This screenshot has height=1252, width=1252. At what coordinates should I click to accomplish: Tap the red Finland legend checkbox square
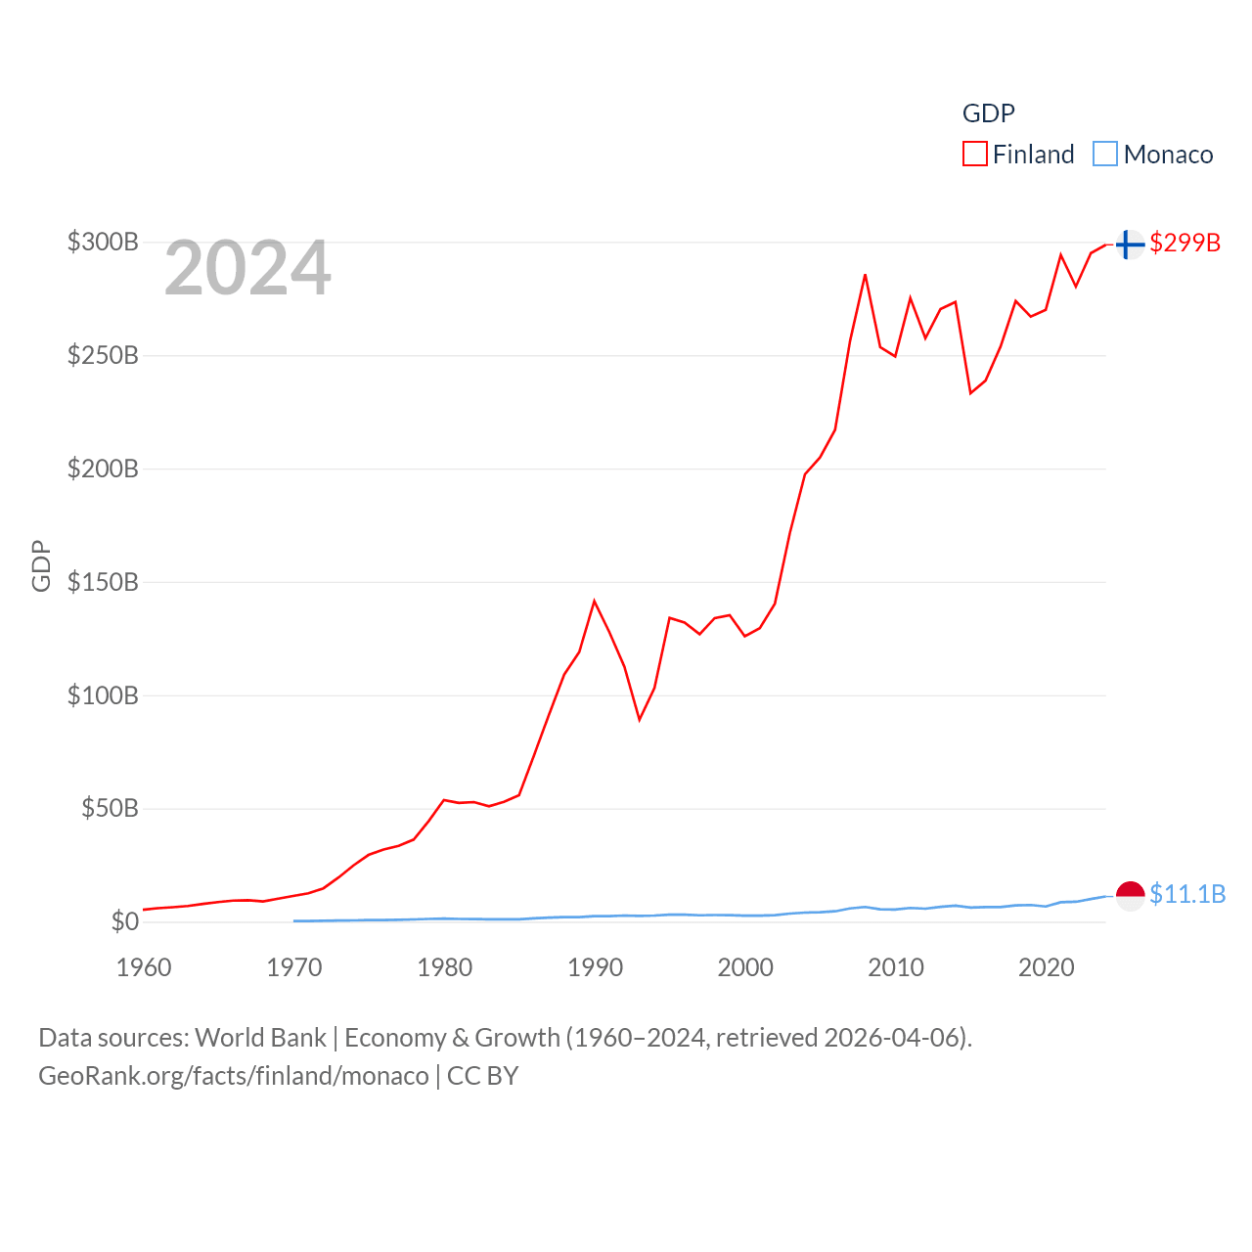(x=975, y=155)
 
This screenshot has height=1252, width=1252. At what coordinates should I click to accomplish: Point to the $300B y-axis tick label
(x=103, y=242)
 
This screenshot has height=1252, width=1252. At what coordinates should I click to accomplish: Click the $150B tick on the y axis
(x=103, y=582)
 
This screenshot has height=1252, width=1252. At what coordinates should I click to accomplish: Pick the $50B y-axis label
(x=110, y=808)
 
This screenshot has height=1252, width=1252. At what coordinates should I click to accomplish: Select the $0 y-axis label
(x=124, y=921)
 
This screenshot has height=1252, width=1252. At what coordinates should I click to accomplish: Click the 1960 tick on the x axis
(x=144, y=967)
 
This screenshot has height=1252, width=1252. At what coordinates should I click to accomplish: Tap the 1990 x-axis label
(x=595, y=967)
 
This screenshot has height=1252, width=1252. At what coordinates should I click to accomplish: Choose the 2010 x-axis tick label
(x=896, y=967)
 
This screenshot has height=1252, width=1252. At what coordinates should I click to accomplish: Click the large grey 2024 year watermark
(x=247, y=268)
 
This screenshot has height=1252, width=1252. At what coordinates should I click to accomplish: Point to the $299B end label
(x=1185, y=243)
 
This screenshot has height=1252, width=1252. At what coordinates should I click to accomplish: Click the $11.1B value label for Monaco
(x=1187, y=894)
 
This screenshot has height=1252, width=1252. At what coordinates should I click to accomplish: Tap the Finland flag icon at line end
(x=1130, y=244)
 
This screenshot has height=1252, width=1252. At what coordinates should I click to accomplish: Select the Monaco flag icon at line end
(x=1130, y=895)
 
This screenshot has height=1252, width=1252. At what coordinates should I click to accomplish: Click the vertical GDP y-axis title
(x=41, y=565)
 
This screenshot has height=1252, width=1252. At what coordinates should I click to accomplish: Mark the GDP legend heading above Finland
(x=988, y=113)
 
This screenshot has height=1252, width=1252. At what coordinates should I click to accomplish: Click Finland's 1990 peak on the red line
(x=594, y=601)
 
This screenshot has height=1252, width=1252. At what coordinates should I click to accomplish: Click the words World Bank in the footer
(x=260, y=1037)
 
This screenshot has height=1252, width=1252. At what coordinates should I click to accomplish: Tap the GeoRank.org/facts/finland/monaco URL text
(x=233, y=1076)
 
